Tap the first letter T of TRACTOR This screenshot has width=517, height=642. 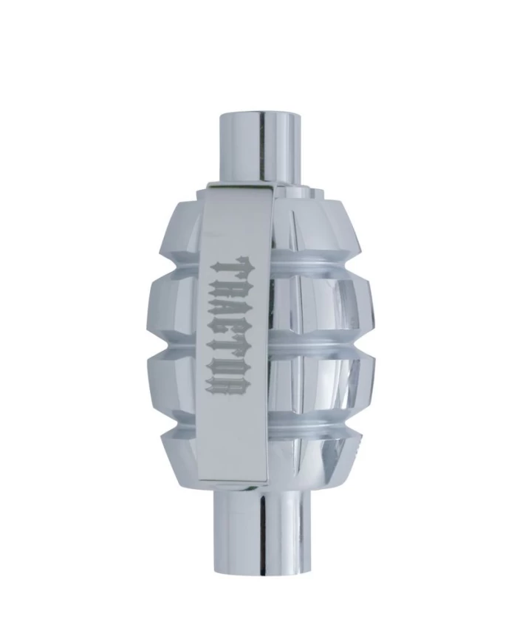point(230,267)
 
